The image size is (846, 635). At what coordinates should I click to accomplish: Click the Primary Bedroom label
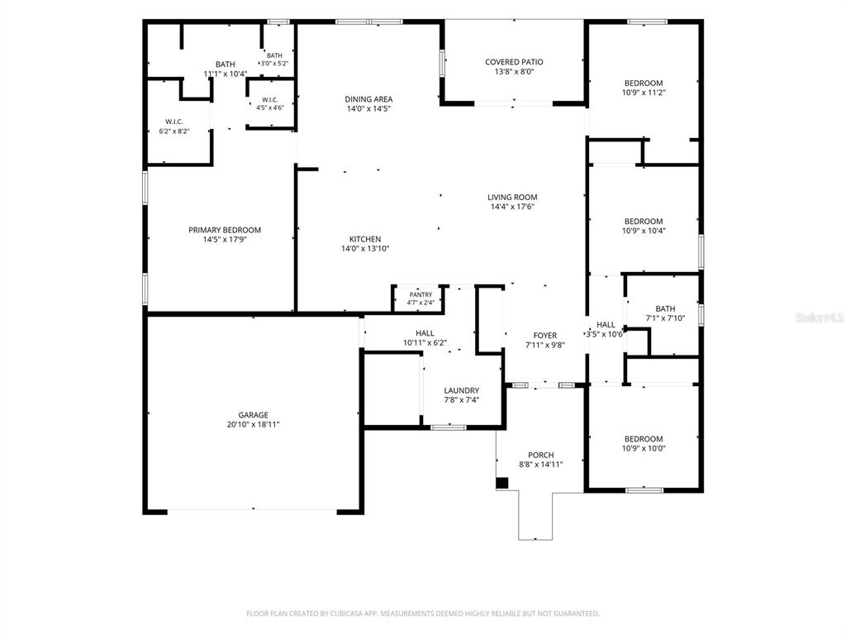(225, 230)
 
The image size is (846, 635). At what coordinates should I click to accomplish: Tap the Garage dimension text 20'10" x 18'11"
(253, 424)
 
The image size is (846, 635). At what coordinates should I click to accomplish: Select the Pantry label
(421, 295)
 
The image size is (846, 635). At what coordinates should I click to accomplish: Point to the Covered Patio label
(514, 62)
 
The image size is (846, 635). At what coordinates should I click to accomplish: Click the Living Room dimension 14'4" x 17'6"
(512, 206)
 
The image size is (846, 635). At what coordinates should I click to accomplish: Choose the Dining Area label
(368, 99)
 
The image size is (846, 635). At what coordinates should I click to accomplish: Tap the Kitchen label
(365, 239)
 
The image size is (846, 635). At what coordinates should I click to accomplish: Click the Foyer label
(545, 336)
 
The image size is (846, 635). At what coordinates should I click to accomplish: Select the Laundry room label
(461, 390)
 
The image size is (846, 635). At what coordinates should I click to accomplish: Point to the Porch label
(540, 456)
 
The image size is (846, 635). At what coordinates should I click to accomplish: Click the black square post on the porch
(502, 483)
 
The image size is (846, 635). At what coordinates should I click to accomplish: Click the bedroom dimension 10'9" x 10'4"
(644, 231)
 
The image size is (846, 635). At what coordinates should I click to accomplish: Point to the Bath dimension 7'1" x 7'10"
(665, 318)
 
